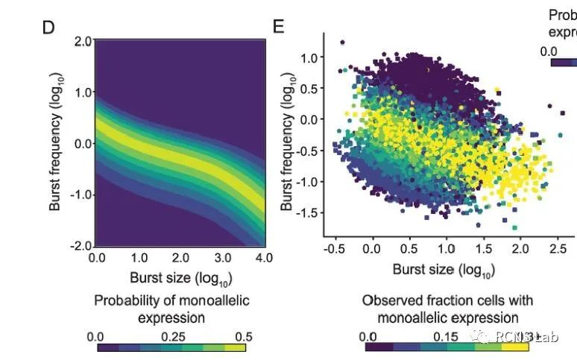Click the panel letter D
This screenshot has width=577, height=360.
(x=49, y=28)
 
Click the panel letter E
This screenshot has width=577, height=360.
(x=279, y=28)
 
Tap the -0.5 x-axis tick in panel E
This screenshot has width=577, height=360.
(x=335, y=249)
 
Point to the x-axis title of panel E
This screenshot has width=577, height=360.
(x=444, y=268)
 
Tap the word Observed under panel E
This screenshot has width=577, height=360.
(x=389, y=300)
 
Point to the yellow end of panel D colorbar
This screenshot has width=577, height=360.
(x=236, y=347)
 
